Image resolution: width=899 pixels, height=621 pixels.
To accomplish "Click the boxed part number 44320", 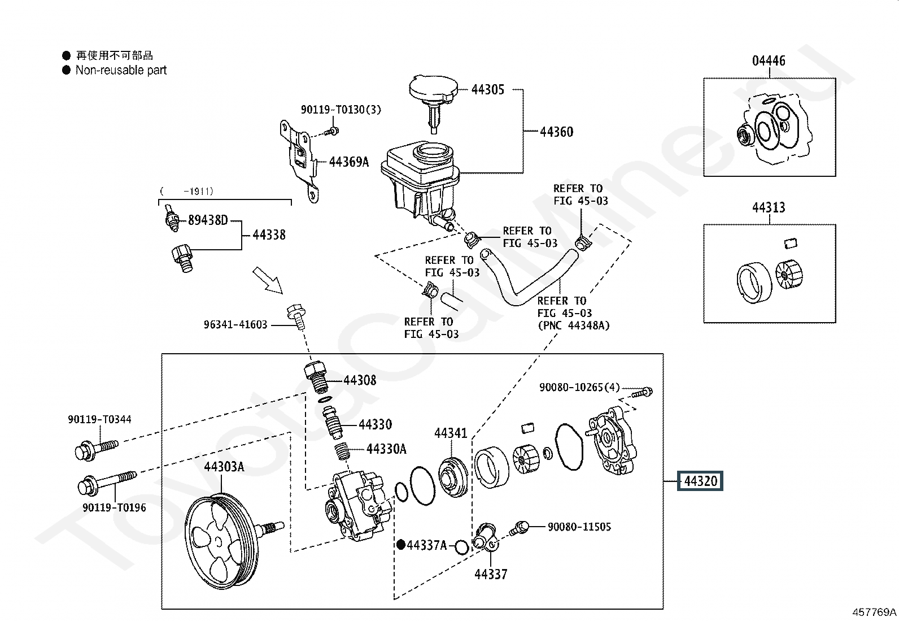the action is point(700,481).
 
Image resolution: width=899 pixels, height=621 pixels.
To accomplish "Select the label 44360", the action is point(557,132).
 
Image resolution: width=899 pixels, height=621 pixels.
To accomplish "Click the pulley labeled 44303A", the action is point(222,541).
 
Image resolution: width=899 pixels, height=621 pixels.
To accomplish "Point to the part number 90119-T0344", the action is point(99,419).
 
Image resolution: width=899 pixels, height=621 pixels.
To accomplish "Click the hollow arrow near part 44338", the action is point(268,280).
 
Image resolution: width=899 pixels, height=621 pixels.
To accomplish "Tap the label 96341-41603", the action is point(235,324).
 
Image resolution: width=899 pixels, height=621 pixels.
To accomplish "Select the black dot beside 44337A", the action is point(400,545).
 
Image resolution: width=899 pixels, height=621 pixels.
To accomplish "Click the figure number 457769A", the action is point(874,612).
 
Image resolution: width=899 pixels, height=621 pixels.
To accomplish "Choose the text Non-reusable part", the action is point(121,70).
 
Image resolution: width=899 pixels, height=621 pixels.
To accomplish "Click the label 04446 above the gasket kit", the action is point(769,61).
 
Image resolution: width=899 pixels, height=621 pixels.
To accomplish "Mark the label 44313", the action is point(769,208).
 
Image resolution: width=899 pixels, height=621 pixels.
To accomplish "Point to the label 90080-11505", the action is point(579,527).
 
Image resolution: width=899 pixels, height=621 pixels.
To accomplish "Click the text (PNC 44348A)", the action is point(574,325).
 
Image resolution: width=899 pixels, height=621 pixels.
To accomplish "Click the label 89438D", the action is point(208,220).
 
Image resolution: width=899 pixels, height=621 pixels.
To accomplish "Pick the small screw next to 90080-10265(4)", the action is point(642,392).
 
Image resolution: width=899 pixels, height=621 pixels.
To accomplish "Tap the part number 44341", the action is point(451,433).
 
